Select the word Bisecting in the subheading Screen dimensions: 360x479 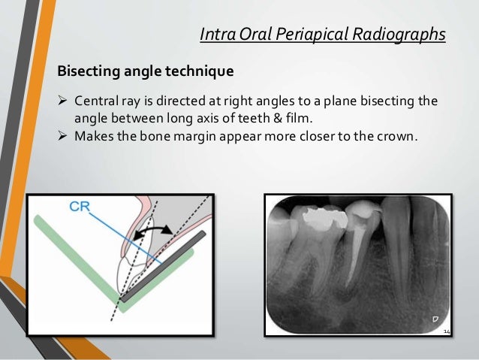point(89,72)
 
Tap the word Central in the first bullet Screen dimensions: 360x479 point(95,101)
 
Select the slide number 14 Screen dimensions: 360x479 point(447,332)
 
